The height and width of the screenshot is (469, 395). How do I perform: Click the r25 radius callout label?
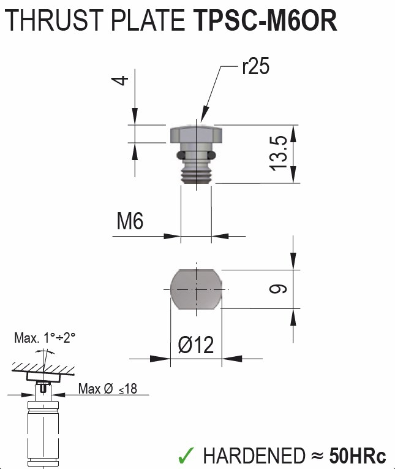pyautogui.click(x=255, y=67)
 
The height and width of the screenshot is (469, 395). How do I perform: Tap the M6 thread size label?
pyautogui.click(x=130, y=221)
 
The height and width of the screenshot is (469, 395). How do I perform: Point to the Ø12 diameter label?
pyautogui.click(x=196, y=345)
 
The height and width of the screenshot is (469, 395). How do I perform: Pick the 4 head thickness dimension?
pyautogui.click(x=122, y=80)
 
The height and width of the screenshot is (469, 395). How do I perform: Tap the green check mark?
pyautogui.click(x=186, y=455)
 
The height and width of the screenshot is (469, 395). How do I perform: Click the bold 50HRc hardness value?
pyautogui.click(x=358, y=456)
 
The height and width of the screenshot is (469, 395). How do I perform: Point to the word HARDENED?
pyautogui.click(x=253, y=456)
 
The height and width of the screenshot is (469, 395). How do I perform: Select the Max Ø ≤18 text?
pyautogui.click(x=107, y=389)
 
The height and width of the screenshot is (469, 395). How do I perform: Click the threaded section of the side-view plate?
pyautogui.click(x=196, y=172)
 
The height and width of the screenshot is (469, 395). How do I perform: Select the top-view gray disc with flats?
pyautogui.click(x=196, y=288)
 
